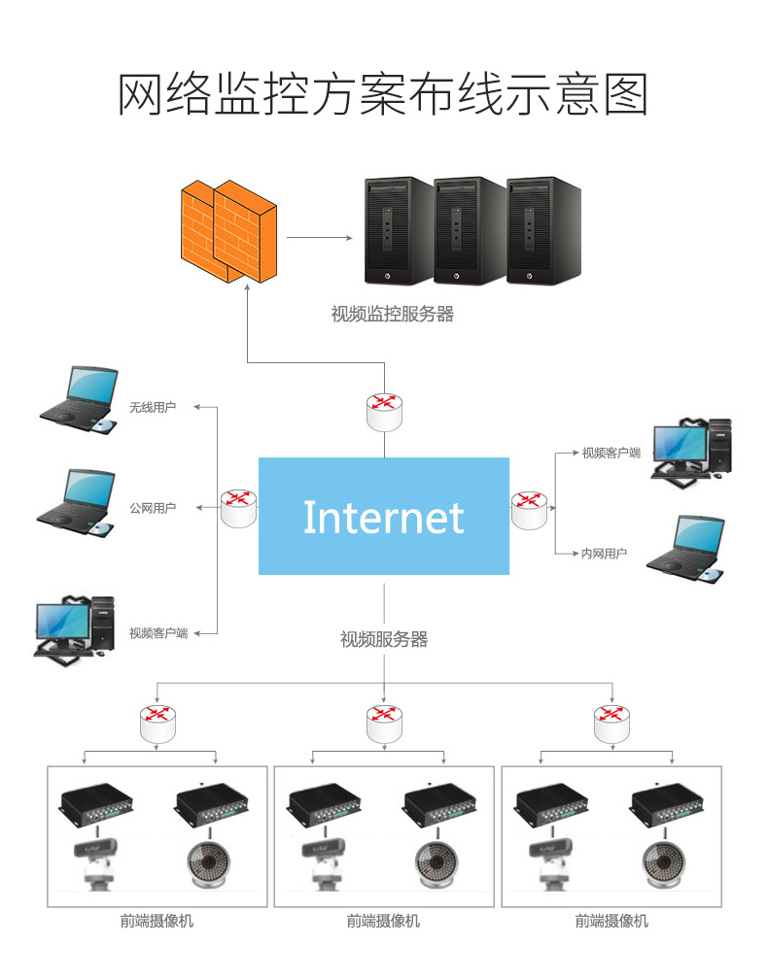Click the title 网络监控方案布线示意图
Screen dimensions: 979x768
383,94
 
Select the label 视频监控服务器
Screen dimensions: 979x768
392,315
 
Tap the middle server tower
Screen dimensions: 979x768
471,230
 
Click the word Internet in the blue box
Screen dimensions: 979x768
383,517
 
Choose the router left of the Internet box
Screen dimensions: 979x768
238,507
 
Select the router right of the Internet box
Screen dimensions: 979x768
529,508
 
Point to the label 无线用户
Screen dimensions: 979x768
153,407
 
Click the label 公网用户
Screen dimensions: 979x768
153,508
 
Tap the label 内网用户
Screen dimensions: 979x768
604,554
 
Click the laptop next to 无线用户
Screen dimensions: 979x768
80,399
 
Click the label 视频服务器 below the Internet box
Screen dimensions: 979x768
384,639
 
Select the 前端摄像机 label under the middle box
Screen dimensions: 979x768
384,921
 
